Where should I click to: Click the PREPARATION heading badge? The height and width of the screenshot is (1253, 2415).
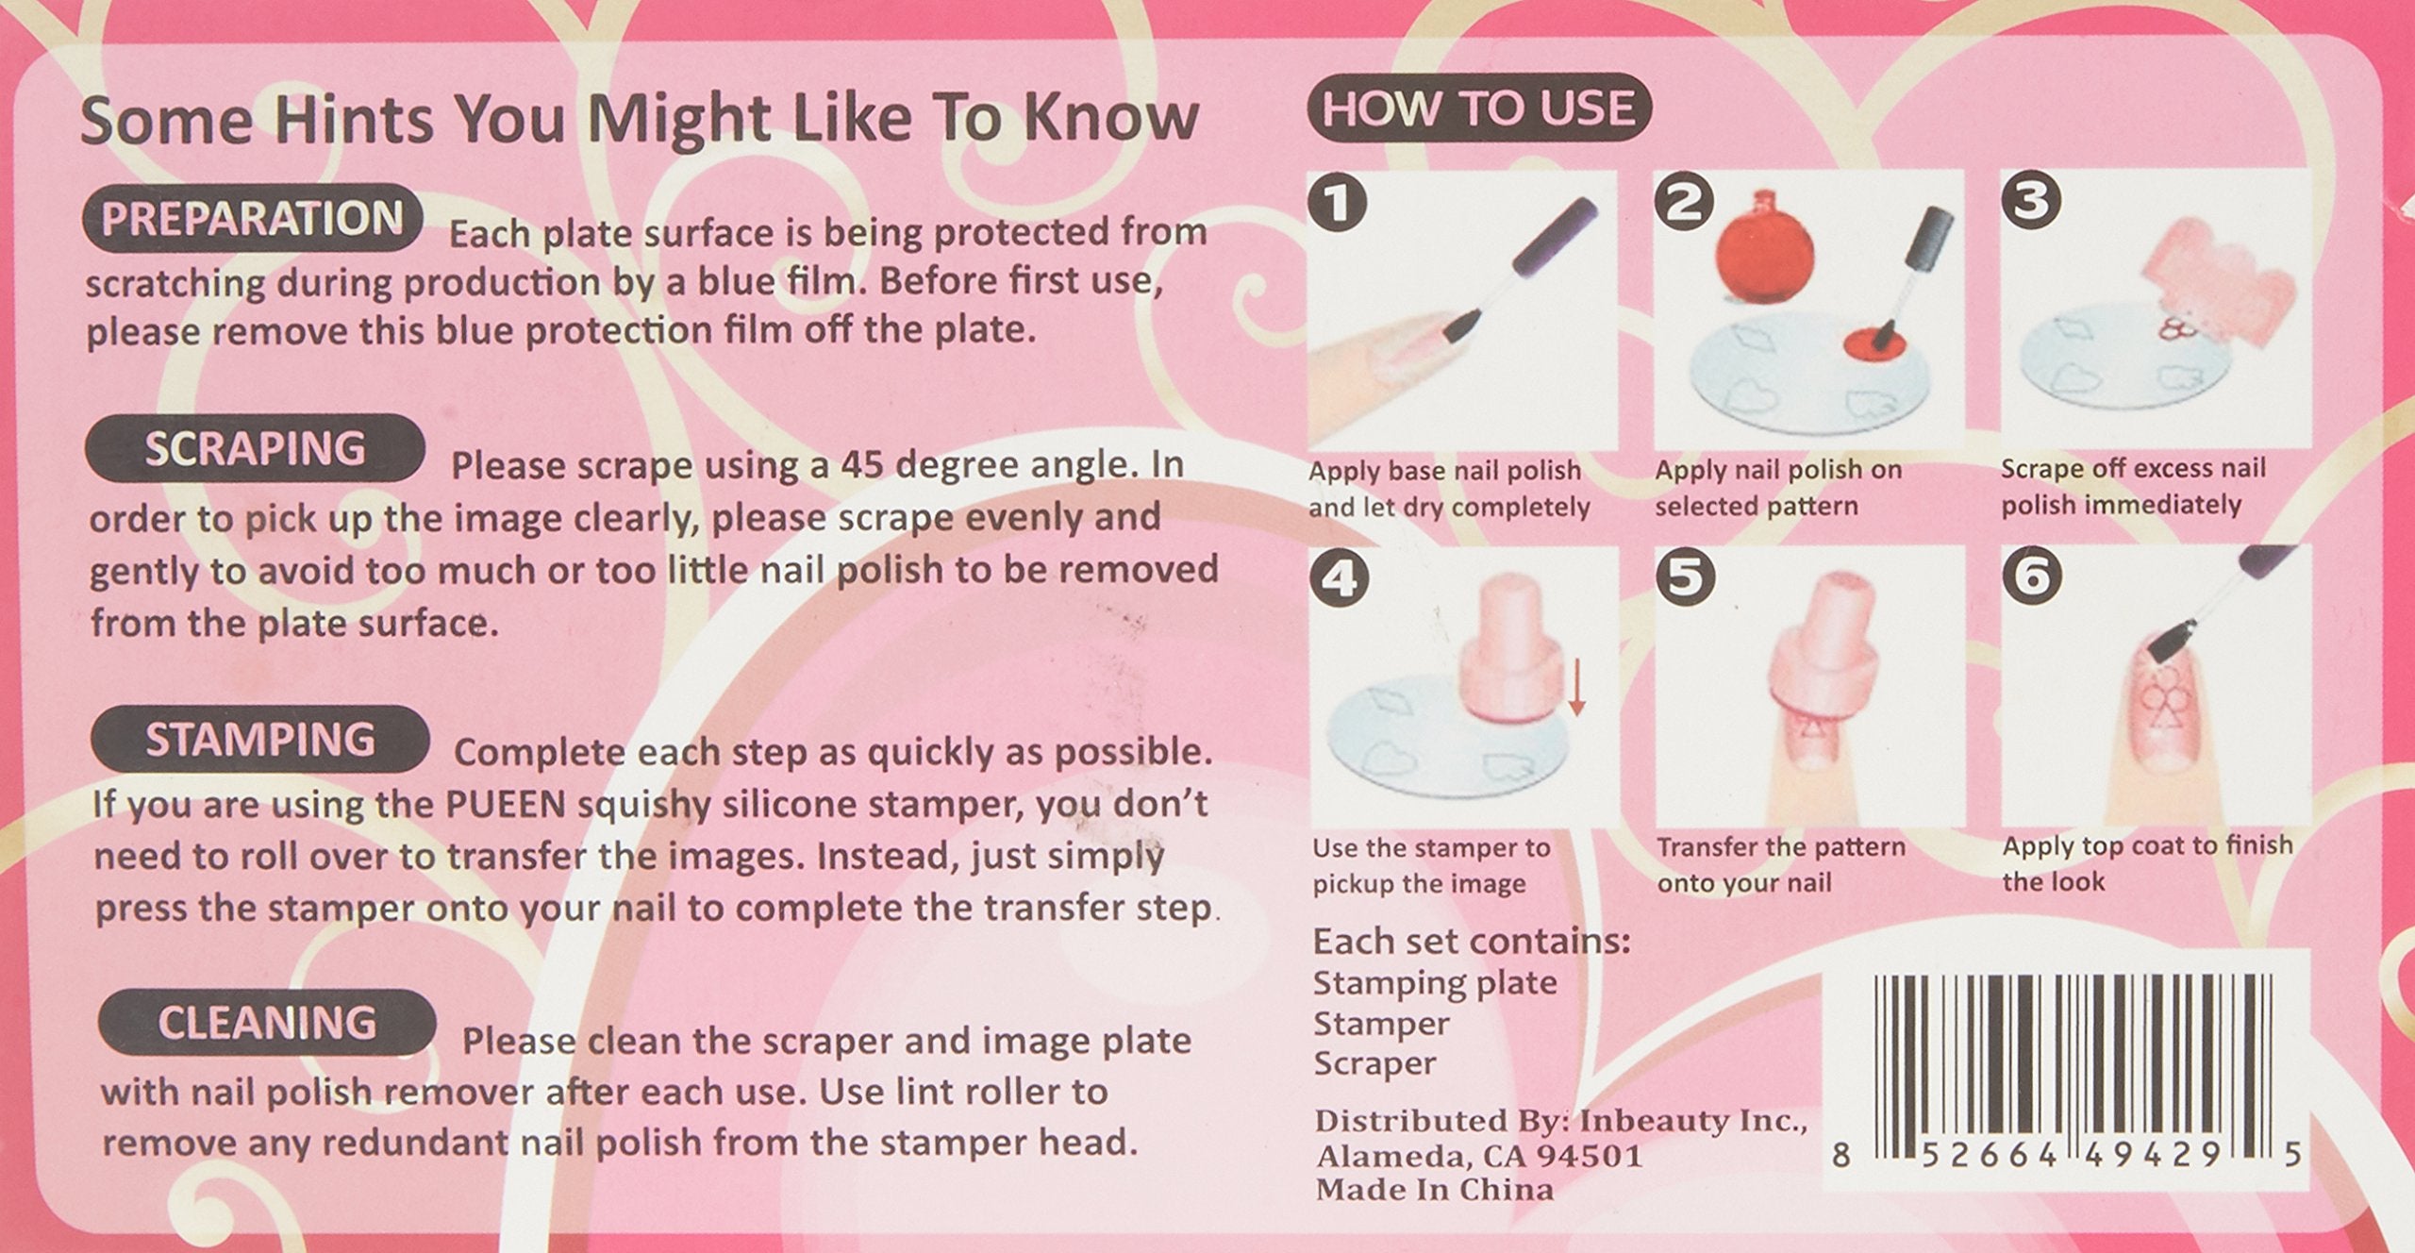pos(252,219)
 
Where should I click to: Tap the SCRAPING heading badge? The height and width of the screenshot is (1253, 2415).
pos(255,448)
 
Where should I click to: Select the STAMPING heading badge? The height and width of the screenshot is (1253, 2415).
pos(259,739)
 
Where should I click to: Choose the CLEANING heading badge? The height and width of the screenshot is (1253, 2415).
pos(267,1023)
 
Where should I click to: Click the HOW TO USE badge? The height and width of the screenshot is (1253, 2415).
pos(1478,108)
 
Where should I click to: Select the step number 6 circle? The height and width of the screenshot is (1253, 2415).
pos(2032,576)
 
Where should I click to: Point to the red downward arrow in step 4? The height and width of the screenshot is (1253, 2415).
pos(1576,688)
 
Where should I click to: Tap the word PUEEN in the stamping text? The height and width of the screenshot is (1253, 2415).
pos(506,805)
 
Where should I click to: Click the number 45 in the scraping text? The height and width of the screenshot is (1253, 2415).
pos(862,466)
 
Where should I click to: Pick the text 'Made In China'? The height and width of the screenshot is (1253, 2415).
pos(1434,1190)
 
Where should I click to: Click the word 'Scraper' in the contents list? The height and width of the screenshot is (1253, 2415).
pos(1374,1063)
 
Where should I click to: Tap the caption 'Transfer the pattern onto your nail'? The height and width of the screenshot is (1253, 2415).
pos(1781,864)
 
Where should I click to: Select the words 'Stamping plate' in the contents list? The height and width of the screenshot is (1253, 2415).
pos(1435,983)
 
